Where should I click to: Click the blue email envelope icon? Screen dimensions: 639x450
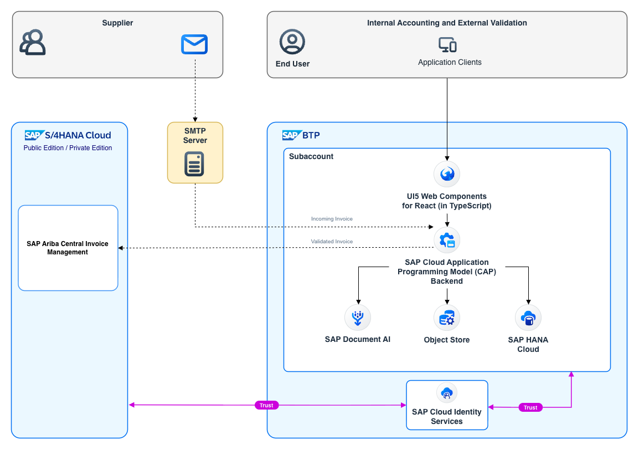click(194, 44)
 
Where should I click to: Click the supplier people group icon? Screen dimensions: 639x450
click(33, 42)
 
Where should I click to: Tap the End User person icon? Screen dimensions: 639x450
click(292, 42)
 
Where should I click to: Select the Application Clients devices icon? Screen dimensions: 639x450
click(447, 44)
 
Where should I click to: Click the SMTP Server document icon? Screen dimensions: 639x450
click(194, 164)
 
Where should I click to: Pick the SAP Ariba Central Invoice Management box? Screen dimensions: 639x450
click(68, 248)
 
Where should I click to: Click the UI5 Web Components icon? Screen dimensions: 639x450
click(447, 174)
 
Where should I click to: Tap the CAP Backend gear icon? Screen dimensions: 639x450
click(447, 241)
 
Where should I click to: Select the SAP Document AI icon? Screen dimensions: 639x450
click(358, 318)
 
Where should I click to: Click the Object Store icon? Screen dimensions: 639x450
click(447, 318)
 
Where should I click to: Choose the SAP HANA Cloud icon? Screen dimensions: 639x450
click(529, 318)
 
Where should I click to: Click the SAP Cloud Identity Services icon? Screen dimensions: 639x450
click(447, 393)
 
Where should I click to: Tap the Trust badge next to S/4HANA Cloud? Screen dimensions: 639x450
click(266, 405)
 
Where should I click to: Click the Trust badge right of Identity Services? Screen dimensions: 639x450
click(530, 407)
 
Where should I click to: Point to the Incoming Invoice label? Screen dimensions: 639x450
click(332, 219)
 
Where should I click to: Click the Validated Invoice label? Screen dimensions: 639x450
click(332, 242)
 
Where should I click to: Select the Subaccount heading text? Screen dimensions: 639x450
click(311, 156)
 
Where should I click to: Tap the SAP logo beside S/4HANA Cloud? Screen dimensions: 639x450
click(34, 135)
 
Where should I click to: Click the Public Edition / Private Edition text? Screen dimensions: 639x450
click(68, 147)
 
